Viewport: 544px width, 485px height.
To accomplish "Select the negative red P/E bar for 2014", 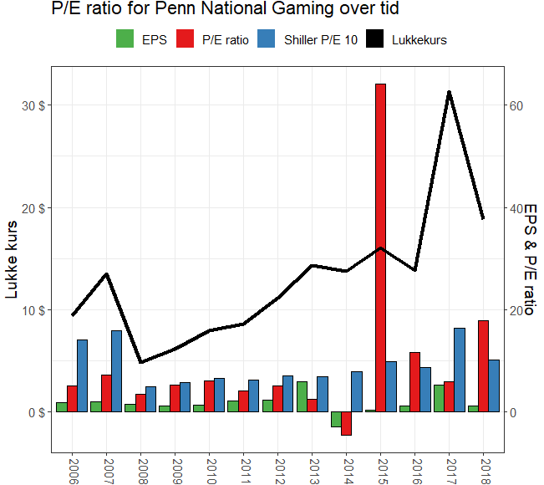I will (x=346, y=423).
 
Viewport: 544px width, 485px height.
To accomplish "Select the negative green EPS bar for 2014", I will (x=336, y=419).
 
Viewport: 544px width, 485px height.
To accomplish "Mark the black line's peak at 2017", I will (x=449, y=92).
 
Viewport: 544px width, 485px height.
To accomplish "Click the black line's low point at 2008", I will (x=140, y=362).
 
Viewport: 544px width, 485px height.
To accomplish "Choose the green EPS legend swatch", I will (x=125, y=39).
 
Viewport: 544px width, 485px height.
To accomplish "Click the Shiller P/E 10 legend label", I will (x=320, y=39).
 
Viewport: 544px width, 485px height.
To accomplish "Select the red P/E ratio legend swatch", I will (x=186, y=39).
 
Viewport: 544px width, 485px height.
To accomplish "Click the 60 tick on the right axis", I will (x=516, y=105).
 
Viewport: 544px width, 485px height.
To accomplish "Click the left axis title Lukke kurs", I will (x=13, y=258).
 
